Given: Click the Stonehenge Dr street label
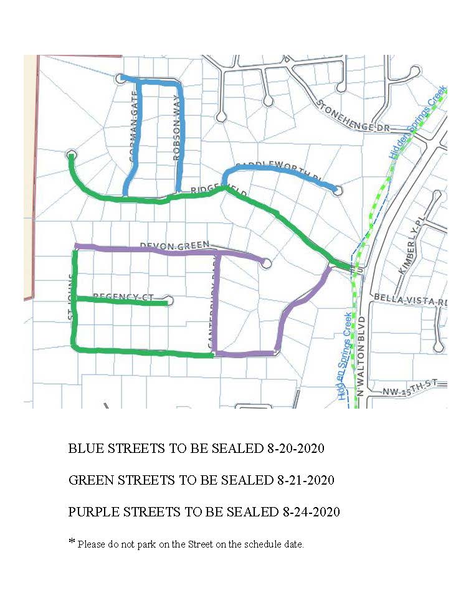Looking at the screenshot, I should pyautogui.click(x=352, y=116).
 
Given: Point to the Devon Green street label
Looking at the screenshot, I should pyautogui.click(x=175, y=246).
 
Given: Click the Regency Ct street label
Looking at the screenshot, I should pyautogui.click(x=123, y=297).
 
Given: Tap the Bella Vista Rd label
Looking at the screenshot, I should pyautogui.click(x=411, y=301).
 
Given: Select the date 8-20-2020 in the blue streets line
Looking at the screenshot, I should pyautogui.click(x=290, y=449).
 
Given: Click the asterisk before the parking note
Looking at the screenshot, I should pyautogui.click(x=71, y=541).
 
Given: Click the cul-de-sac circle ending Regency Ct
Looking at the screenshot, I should pyautogui.click(x=171, y=301).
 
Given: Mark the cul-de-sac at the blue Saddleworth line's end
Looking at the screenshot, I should pyautogui.click(x=338, y=189).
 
